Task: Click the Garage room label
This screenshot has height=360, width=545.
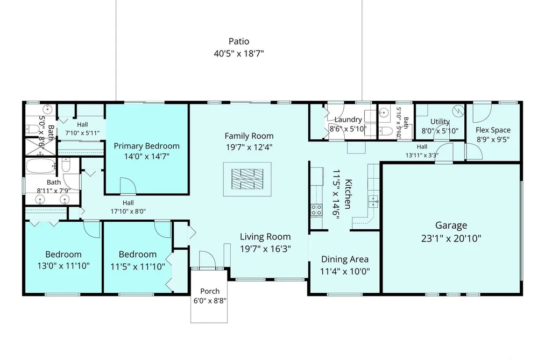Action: [451, 225]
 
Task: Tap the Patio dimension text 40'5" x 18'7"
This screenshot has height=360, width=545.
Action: [239, 53]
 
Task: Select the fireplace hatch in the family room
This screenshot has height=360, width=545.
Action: [247, 179]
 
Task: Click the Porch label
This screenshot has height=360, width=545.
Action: [210, 291]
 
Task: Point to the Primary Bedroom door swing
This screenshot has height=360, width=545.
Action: [128, 185]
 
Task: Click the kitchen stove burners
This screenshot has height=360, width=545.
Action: [316, 210]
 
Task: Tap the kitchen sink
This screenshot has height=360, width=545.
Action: [373, 202]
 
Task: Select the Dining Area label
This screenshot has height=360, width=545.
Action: [345, 259]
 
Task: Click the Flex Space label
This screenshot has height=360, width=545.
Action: [493, 130]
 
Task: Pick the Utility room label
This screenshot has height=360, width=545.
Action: [440, 122]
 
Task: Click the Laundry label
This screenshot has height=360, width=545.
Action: [348, 119]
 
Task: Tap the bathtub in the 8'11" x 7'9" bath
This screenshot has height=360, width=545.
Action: [41, 166]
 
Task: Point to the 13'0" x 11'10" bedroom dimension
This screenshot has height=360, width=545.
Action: [63, 266]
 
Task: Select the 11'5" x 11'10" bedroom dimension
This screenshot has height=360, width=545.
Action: [138, 267]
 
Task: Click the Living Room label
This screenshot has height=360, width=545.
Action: [265, 237]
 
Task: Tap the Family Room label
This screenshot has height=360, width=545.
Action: [249, 136]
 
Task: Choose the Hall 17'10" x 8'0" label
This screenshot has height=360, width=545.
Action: [128, 207]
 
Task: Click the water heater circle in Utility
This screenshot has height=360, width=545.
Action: [458, 111]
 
